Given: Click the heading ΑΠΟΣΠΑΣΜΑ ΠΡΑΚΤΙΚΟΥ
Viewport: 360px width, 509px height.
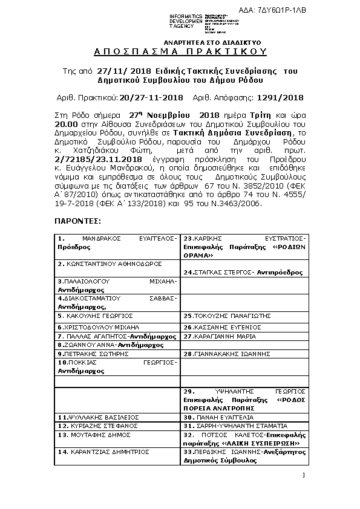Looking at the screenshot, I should [180, 53].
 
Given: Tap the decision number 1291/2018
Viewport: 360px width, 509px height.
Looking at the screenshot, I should [280, 97].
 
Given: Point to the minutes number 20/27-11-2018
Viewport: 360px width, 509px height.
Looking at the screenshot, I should [151, 97].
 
